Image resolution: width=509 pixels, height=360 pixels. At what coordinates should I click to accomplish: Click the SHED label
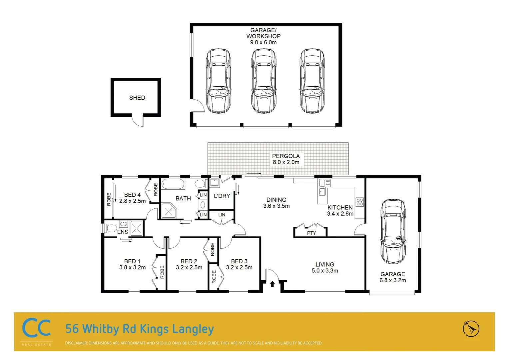(x=137, y=98)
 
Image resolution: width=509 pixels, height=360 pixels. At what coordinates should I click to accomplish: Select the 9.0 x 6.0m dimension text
(x=263, y=42)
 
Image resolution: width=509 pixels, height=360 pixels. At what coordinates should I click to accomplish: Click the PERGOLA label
(x=286, y=156)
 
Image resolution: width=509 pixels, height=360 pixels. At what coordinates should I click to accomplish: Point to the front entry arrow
(x=272, y=284)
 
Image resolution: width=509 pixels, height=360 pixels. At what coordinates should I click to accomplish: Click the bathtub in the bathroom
(x=173, y=184)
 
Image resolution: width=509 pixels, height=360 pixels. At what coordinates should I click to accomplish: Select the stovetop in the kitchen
(x=359, y=202)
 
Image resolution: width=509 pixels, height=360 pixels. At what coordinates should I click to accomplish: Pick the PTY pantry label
(x=311, y=233)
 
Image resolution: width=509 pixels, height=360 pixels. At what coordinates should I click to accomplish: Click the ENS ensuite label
(x=122, y=232)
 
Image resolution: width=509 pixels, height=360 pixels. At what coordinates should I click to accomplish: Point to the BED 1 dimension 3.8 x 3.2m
(x=132, y=267)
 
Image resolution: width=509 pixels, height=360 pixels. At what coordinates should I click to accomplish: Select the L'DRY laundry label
(x=222, y=196)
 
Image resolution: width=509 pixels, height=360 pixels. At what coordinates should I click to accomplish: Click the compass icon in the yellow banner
(x=471, y=329)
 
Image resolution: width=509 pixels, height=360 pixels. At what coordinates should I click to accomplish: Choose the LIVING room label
(x=324, y=264)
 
